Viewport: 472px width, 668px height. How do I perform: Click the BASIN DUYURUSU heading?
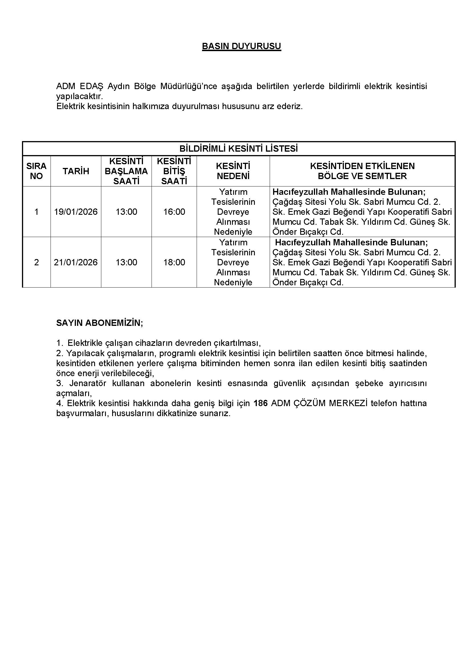241,47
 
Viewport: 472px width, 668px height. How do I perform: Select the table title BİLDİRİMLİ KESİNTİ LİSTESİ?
238,149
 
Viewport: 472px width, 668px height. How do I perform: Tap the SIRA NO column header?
36,171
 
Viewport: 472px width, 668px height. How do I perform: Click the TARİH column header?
76,171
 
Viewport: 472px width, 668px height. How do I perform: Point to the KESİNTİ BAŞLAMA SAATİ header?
126,171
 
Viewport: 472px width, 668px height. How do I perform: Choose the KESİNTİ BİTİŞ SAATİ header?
174,171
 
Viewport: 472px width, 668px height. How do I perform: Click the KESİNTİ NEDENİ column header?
233,171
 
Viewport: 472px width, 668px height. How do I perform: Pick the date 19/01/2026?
76,212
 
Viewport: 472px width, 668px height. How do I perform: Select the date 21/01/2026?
76,262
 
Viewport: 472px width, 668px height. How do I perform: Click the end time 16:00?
174,212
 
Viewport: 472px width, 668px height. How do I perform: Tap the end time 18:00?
174,262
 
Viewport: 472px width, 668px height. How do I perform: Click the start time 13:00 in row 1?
126,212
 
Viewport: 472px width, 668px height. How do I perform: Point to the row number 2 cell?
36,262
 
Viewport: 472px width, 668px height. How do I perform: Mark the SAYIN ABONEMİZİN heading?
99,323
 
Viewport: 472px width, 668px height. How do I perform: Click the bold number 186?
261,403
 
